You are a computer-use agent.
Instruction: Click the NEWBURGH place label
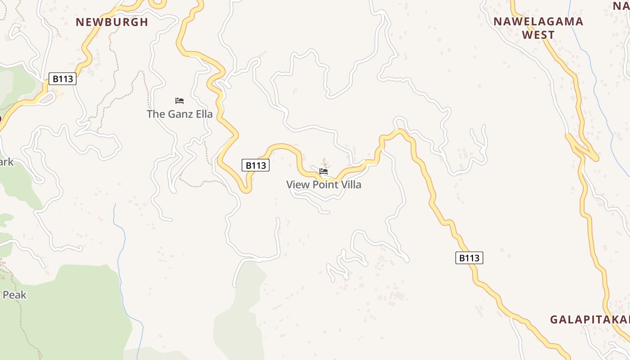[112, 22]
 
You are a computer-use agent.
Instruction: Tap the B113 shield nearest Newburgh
[63, 79]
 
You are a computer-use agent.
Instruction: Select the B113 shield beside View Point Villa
[256, 166]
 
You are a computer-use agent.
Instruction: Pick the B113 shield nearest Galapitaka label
[469, 258]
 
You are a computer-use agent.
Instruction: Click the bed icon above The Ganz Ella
[180, 101]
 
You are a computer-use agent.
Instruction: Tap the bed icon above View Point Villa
[324, 171]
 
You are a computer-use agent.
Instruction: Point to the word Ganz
[180, 114]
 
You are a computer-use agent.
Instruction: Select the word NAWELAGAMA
[538, 22]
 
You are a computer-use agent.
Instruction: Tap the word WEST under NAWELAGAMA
[538, 35]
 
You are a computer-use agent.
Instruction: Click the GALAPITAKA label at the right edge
[589, 320]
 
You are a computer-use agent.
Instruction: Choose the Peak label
[14, 295]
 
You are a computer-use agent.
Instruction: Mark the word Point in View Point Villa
[322, 184]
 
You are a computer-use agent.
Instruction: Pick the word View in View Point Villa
[297, 184]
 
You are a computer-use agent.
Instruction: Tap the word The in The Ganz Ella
[156, 114]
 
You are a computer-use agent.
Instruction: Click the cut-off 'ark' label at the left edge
[6, 162]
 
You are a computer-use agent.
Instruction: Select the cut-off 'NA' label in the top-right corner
[621, 6]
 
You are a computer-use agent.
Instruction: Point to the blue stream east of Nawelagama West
[598, 90]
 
